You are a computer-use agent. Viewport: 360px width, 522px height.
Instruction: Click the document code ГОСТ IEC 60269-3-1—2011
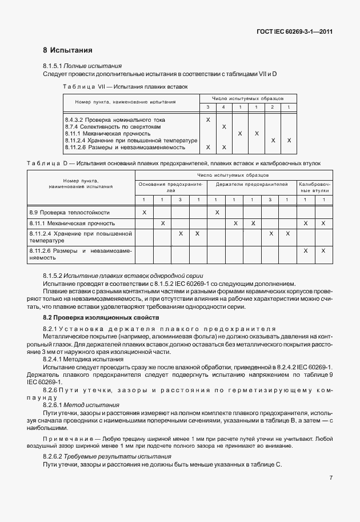294,31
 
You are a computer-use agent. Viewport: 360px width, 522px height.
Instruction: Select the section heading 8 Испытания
67,50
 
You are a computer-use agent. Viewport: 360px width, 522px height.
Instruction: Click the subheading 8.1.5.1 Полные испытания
82,66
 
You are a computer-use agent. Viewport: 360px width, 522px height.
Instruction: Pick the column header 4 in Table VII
224,107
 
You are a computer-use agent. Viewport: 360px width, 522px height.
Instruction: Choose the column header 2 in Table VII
273,107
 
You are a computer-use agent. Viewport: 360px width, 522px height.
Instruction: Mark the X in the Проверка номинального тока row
207,119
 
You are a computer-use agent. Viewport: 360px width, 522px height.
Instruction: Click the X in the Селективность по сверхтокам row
224,126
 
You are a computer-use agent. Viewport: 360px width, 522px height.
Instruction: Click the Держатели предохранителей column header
251,184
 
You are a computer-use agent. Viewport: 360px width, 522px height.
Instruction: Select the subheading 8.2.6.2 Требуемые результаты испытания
107,457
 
